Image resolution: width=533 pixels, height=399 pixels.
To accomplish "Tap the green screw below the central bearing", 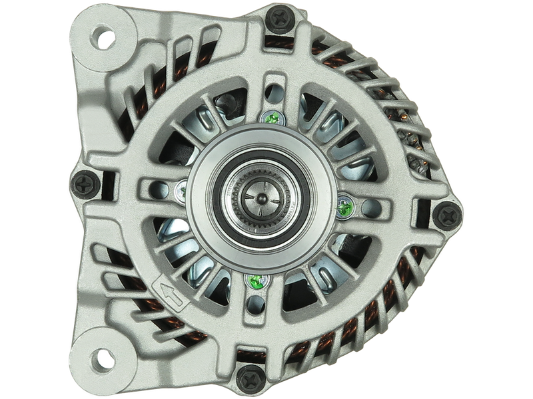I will tap(254, 281).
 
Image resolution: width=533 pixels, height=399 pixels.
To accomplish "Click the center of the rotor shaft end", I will tap(261, 198).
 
